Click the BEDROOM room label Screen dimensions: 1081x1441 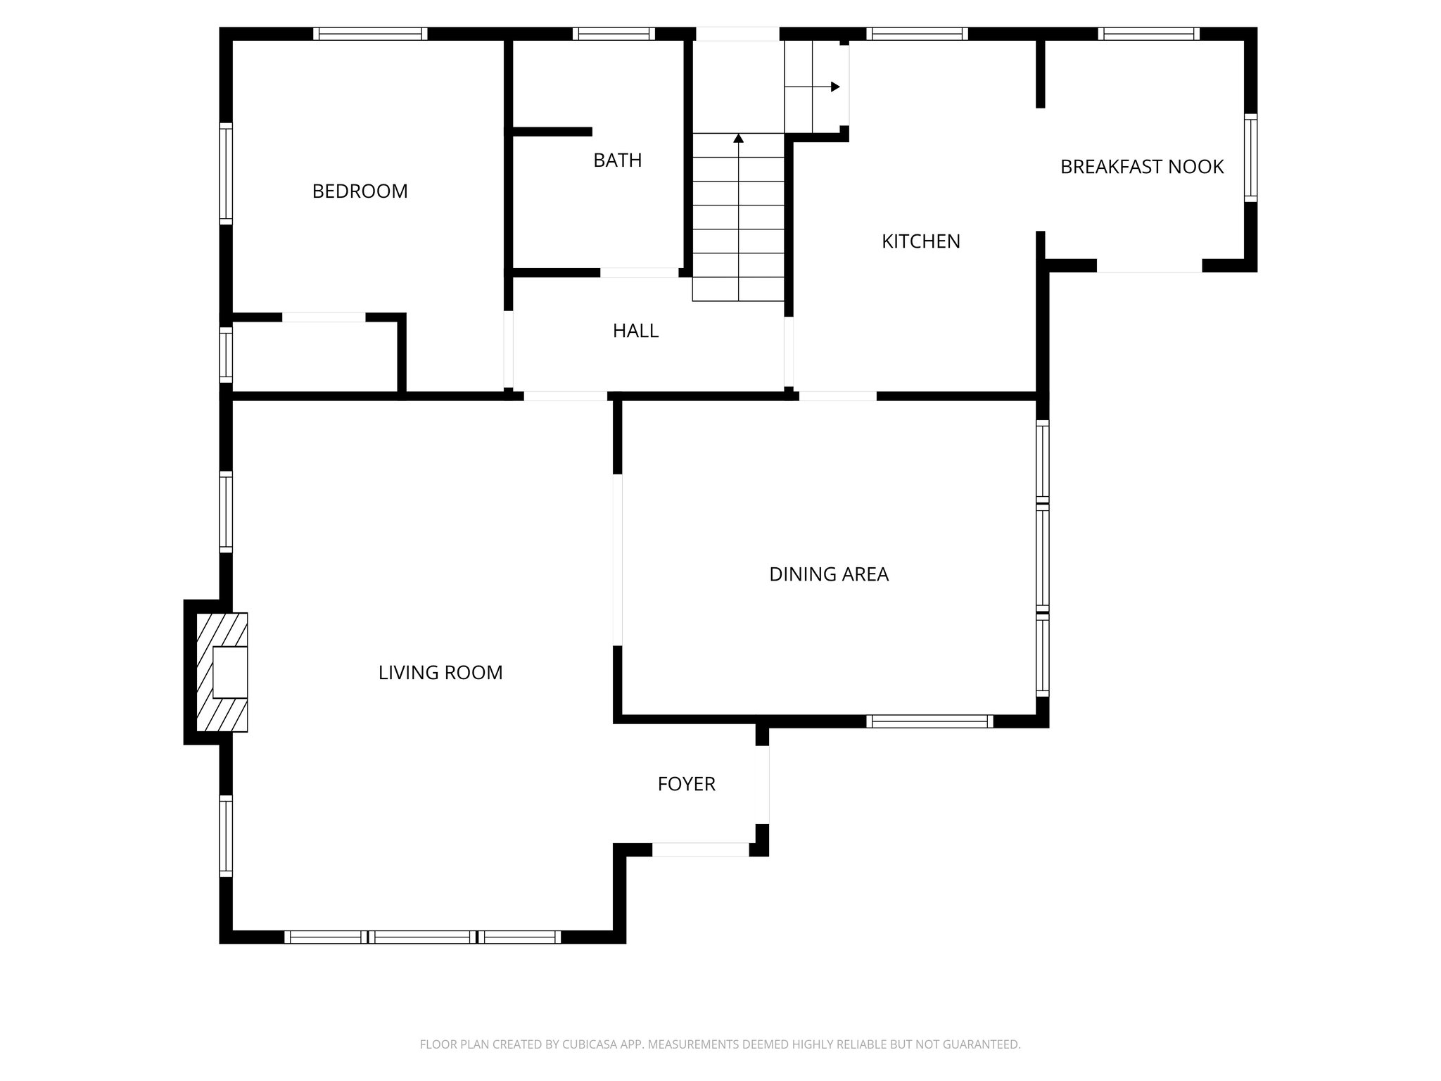(x=360, y=191)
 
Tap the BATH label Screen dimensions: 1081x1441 (x=617, y=160)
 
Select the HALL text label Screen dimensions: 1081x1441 (x=635, y=331)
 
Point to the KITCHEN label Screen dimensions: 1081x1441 (x=920, y=241)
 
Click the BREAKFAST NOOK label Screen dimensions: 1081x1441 (x=1141, y=167)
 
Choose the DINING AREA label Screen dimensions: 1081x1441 (x=828, y=574)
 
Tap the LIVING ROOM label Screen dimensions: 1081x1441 (x=440, y=673)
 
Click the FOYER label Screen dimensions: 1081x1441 (x=686, y=784)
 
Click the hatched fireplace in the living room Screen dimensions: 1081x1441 (x=222, y=672)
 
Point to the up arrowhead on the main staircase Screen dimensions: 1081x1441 (x=738, y=139)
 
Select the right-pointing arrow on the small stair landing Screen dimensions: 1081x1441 (x=834, y=87)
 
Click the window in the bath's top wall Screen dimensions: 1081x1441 (x=614, y=34)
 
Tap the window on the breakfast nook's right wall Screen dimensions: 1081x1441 (x=1250, y=158)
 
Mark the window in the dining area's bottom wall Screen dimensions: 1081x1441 (x=929, y=721)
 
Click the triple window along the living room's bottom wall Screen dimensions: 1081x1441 (x=422, y=937)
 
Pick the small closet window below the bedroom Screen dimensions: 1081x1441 (x=226, y=355)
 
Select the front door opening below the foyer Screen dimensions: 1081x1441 (x=700, y=849)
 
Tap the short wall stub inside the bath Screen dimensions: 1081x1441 (x=552, y=132)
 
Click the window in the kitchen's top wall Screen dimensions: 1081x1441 (x=917, y=34)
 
